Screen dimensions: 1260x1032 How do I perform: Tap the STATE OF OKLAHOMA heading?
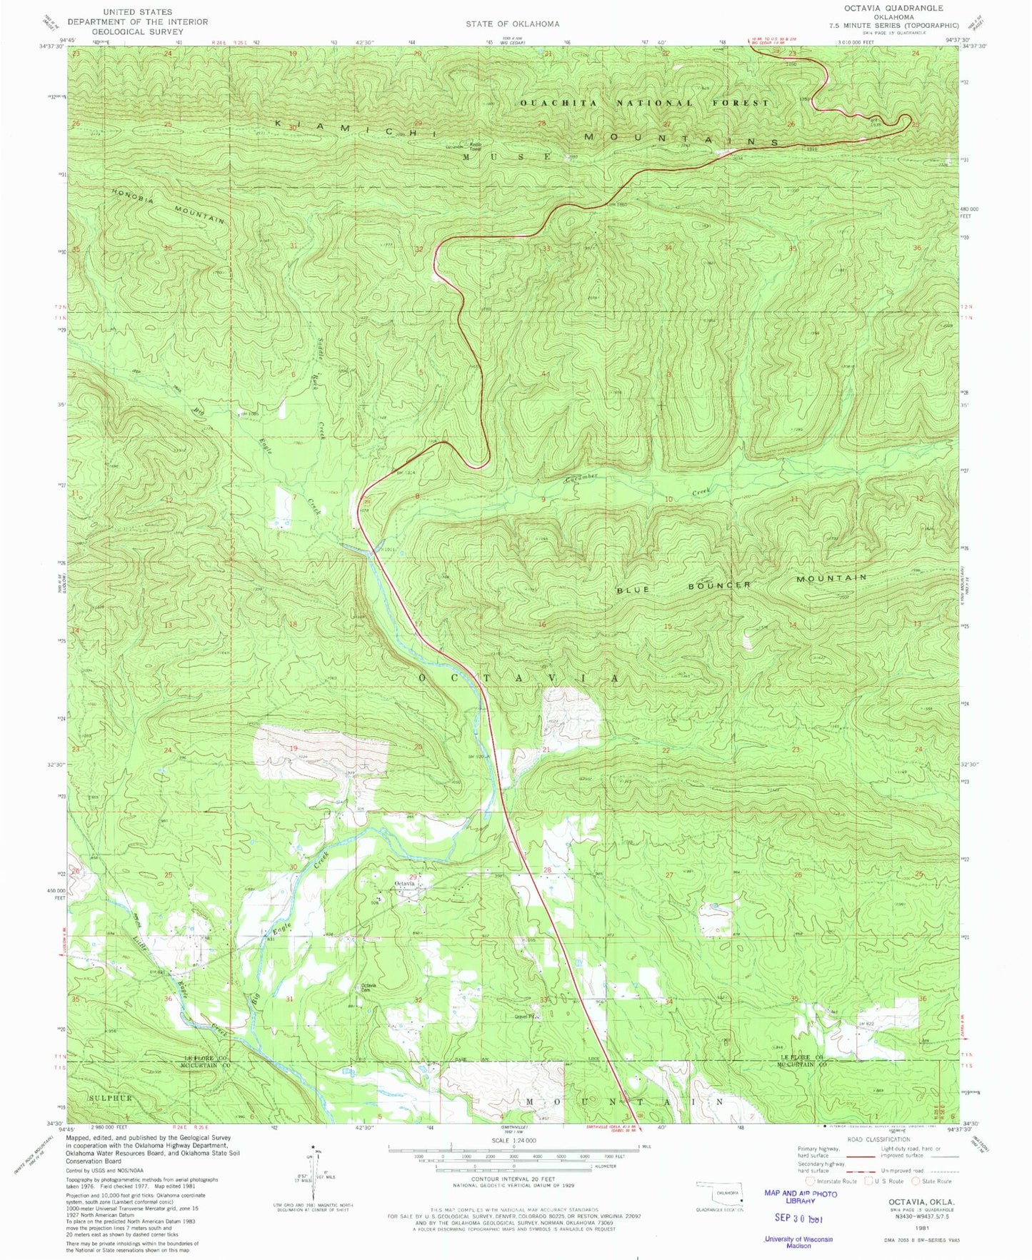tap(512, 24)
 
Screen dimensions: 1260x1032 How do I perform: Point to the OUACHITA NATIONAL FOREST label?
tap(644, 103)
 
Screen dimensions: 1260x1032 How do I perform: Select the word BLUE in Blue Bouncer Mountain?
tap(633, 590)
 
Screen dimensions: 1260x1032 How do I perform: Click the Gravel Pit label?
tap(526, 1017)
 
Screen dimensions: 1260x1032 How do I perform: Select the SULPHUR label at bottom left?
tap(111, 1097)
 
